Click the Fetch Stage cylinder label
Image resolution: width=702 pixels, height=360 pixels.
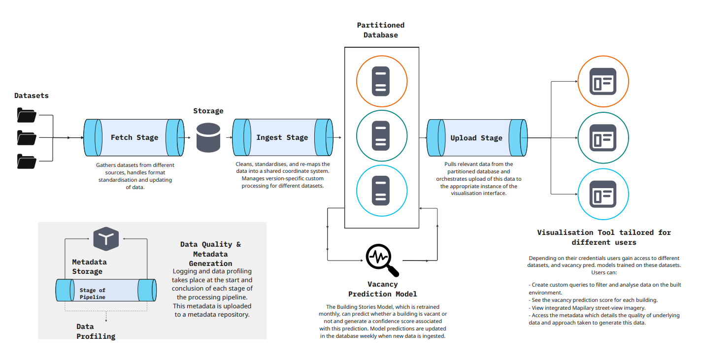point(134,137)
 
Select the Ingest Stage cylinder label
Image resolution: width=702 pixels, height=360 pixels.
point(282,137)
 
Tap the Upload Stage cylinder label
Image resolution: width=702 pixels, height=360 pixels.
point(476,138)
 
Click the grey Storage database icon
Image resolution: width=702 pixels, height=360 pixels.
point(208,137)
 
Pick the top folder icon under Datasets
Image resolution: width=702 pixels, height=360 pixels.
point(27,115)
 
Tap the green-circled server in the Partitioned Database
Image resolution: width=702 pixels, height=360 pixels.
point(381,134)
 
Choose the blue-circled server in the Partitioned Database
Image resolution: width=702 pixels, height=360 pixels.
point(381,190)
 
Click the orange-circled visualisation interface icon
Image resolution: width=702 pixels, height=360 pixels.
point(603,81)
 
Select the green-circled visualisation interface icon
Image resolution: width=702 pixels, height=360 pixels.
point(603,138)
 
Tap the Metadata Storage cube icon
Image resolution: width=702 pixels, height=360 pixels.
point(106,239)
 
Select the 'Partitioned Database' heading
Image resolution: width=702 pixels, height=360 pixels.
point(381,30)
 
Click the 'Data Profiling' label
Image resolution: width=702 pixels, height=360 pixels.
point(96,331)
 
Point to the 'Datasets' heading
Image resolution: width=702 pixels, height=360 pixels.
point(32,96)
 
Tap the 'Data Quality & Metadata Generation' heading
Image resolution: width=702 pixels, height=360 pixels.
point(210,254)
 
